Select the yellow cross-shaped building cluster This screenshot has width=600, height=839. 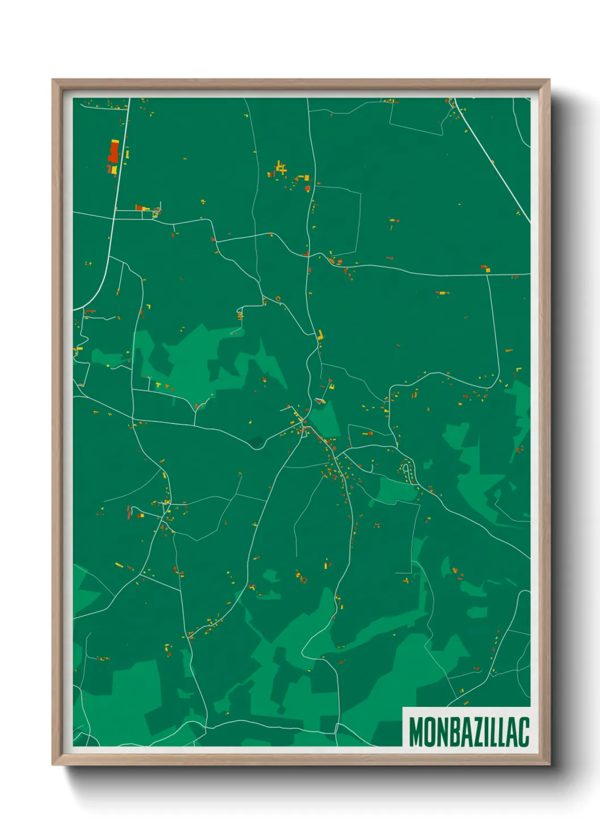280,168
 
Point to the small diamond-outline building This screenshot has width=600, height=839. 278,298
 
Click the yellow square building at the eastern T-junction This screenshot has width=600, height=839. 488,270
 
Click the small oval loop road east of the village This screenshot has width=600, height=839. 405,470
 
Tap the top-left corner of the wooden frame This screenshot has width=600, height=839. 53,80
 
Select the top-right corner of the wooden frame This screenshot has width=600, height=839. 548,80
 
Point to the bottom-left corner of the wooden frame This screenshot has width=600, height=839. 53,764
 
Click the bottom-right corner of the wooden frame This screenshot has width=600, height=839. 548,764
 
